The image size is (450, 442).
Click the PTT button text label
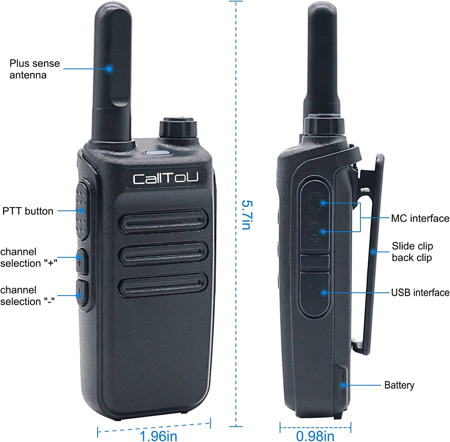28,211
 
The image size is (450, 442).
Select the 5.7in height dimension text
247,215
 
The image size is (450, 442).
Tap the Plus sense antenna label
34,69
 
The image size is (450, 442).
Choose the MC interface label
420,218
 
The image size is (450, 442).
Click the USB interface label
420,293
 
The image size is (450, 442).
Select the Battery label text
399,385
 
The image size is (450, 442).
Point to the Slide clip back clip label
412,252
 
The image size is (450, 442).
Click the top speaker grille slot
163,222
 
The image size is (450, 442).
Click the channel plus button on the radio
82,261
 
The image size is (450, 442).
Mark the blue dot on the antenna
110,69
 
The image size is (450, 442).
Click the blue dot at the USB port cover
323,293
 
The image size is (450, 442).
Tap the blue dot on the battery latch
343,385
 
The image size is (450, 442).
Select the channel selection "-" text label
27,296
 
